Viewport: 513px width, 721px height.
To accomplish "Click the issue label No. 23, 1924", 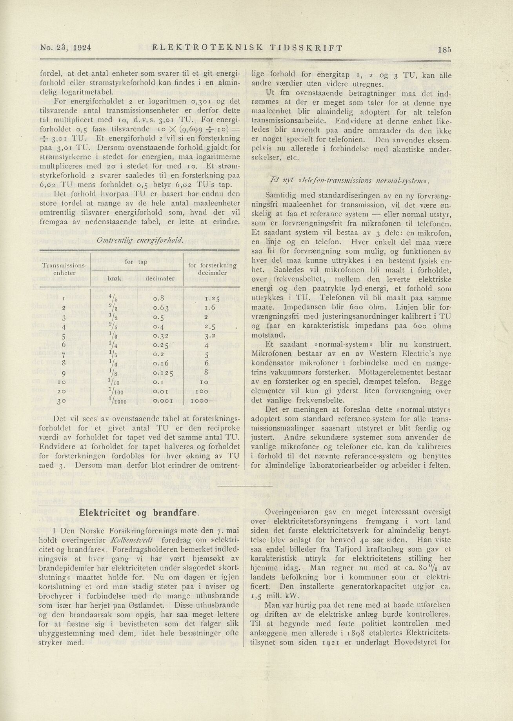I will click(65, 48).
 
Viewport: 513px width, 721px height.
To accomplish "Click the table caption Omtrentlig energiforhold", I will click(140, 240).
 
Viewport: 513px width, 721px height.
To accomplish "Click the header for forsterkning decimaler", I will click(212, 269).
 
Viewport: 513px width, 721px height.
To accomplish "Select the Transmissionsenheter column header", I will click(65, 269).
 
